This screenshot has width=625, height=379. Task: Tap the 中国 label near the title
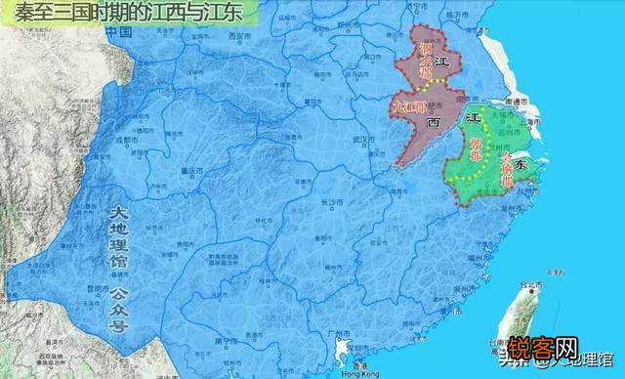pyautogui.click(x=118, y=33)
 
